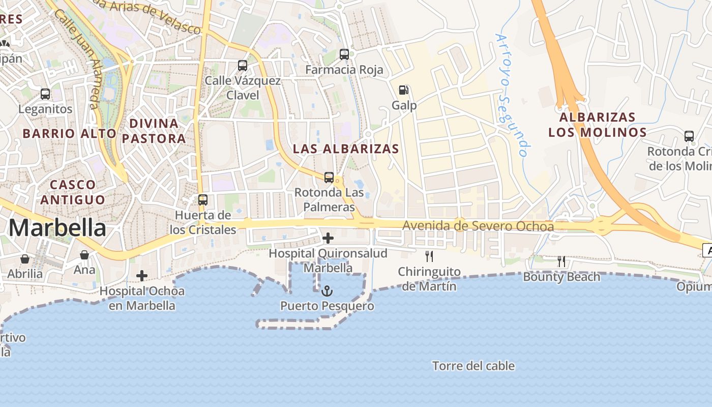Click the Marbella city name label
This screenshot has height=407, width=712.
[57, 228]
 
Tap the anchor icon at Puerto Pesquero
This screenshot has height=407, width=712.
[328, 291]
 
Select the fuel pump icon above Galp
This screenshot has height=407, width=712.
[404, 90]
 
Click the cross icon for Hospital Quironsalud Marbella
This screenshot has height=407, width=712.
[328, 238]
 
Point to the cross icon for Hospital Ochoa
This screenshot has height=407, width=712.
[142, 276]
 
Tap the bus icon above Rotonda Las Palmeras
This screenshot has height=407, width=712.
[329, 178]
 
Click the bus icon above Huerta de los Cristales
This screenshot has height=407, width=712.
[203, 200]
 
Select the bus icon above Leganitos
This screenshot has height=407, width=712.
[45, 94]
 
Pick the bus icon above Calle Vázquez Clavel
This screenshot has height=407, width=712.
[243, 66]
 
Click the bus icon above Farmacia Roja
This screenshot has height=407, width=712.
[344, 54]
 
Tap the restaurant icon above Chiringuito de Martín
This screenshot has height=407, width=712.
[429, 256]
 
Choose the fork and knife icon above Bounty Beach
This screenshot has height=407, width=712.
[561, 261]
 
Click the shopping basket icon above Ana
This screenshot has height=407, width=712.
[84, 254]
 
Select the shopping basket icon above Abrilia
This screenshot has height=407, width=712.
[25, 259]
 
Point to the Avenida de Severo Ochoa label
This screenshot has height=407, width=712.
[478, 226]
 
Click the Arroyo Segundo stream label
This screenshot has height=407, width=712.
[512, 95]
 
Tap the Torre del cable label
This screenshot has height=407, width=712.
[473, 366]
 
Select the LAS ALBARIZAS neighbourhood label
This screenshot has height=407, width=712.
[346, 149]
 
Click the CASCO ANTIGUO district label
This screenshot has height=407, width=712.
[73, 192]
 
